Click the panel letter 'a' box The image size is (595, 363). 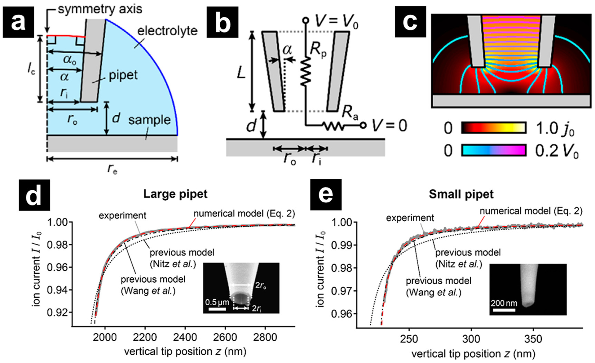(18, 22)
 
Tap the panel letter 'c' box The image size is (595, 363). (410, 22)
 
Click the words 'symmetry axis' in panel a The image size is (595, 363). (100, 9)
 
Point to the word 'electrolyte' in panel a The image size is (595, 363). (167, 31)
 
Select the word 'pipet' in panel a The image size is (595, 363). (123, 76)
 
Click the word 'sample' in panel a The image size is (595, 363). (149, 120)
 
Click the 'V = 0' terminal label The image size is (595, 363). (390, 126)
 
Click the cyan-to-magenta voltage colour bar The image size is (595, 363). (494, 150)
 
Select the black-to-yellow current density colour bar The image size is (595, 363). (494, 128)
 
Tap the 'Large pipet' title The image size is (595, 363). (175, 194)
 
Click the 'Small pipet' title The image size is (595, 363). (461, 194)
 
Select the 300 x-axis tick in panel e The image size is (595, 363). (471, 339)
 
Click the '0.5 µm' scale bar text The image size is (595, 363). (217, 302)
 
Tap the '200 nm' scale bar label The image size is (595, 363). (504, 303)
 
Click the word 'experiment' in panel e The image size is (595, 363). (410, 218)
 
